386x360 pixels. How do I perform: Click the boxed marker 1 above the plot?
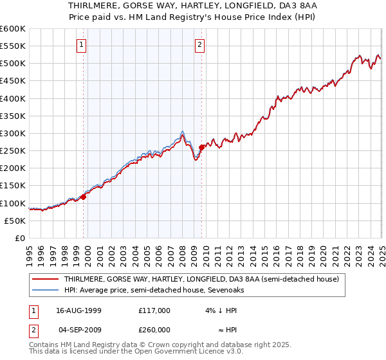click(x=83, y=44)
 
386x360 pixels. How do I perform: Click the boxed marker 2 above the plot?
click(x=201, y=44)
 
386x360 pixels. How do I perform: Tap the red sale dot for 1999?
click(x=83, y=197)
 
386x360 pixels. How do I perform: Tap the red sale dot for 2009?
click(x=201, y=147)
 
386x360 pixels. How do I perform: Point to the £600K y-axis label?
click(x=13, y=29)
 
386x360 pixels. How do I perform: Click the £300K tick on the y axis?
click(x=13, y=134)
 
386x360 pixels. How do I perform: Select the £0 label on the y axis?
click(x=21, y=238)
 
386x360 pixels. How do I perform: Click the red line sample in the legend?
click(x=44, y=279)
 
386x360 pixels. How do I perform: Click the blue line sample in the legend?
click(x=44, y=290)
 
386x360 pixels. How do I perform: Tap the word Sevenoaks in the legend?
click(x=225, y=290)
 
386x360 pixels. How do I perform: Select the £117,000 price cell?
click(x=154, y=310)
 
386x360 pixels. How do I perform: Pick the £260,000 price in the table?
click(x=154, y=328)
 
